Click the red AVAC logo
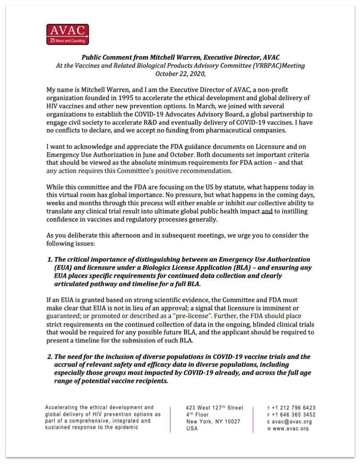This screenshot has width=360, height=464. (x=68, y=34)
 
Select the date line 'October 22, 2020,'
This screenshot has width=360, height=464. (x=180, y=74)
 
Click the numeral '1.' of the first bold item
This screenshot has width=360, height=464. (x=50, y=259)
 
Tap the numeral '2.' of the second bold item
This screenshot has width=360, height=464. (x=50, y=357)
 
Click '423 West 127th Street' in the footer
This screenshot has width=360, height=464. (x=215, y=408)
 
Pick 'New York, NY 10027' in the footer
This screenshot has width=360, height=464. (x=213, y=422)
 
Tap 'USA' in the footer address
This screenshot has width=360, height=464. (x=192, y=429)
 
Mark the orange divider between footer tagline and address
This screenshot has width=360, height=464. (x=171, y=418)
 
